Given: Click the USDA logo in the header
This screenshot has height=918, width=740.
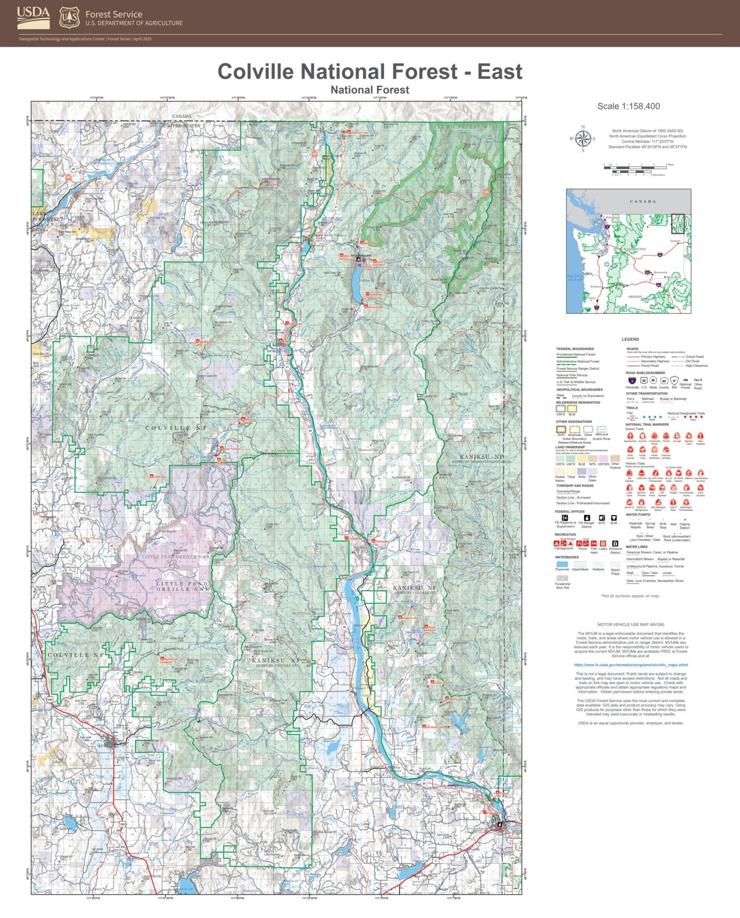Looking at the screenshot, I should coord(33,17).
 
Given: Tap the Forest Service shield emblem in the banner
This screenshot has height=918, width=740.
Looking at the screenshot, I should coord(69,18).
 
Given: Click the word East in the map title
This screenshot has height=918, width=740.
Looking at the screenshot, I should coord(499,72).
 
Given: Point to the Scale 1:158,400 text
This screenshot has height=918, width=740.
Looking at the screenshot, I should coord(628,106).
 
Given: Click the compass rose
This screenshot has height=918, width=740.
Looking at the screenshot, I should coord(583,139).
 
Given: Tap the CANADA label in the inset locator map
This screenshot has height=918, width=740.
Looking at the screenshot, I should coord(642,201).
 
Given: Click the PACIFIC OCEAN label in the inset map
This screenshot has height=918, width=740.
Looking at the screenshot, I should coord(575,278).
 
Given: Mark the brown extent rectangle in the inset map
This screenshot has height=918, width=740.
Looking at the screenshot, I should coord(678,223).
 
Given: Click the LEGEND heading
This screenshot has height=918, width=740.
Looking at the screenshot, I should coord(630,339).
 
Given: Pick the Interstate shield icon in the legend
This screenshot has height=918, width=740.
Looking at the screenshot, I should coord(632,380).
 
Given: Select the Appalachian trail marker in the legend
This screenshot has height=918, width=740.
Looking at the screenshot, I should coord(630,436).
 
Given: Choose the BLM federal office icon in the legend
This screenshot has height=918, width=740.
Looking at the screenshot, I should coord(614,518).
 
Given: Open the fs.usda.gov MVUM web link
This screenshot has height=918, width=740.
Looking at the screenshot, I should coord(630,664).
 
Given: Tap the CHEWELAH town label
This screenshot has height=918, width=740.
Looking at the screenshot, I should coord(92,711).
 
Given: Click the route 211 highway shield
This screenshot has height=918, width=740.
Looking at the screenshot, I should coord(361,734).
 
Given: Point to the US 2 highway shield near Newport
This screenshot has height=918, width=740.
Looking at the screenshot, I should coord(436,861).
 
